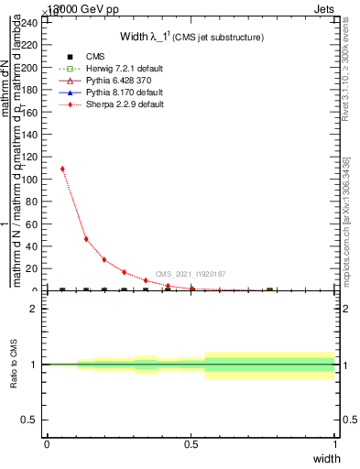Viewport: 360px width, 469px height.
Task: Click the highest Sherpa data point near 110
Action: (62, 169)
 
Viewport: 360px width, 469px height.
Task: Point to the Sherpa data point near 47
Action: (86, 239)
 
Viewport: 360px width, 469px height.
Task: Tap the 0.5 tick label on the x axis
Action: (191, 443)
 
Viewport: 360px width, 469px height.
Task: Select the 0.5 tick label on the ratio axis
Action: (34, 420)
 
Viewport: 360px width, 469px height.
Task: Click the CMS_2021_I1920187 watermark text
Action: (191, 274)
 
